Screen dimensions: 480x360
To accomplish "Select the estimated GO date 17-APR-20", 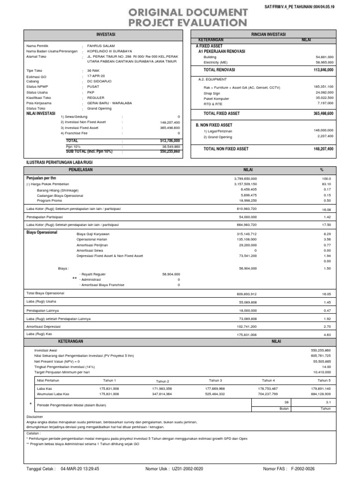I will pyautogui.click(x=96, y=75).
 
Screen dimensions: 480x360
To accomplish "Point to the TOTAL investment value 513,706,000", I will pyautogui.click(x=170, y=140).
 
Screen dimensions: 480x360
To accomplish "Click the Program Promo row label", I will pyautogui.click(x=49, y=200).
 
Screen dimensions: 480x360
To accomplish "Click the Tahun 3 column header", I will pyautogui.click(x=216, y=380).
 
